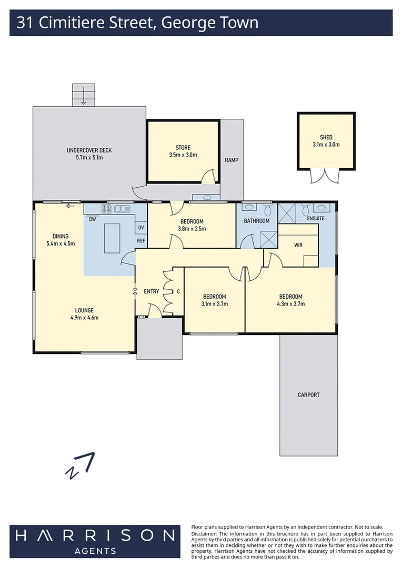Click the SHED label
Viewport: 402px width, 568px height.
pos(326,137)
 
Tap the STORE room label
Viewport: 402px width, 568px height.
pos(183,148)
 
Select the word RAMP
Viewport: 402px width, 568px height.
pos(232,160)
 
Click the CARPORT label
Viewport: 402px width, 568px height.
pos(308,395)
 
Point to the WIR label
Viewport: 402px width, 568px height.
pos(298,245)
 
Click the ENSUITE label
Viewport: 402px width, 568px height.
pos(315,218)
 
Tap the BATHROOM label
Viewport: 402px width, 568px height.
pos(256,221)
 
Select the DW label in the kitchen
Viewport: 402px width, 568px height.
pos(92,219)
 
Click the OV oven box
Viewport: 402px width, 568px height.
pos(141,228)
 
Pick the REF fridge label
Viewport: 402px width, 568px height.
pos(141,241)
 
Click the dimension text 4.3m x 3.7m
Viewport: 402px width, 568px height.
pos(290,303)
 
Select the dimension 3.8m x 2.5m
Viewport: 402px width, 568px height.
pos(192,229)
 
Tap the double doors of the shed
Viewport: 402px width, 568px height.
pos(326,176)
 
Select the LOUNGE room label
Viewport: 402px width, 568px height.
pos(84,310)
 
